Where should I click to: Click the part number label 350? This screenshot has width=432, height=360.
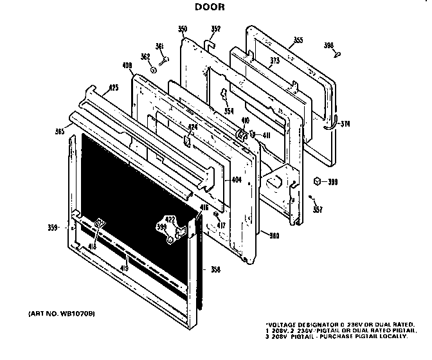pos(183,29)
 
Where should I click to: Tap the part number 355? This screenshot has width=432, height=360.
pos(298,40)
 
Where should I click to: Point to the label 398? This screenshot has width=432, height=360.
pos(328,45)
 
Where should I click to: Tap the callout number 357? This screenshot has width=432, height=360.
pos(318,209)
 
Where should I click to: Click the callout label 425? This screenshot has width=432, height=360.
pos(113,87)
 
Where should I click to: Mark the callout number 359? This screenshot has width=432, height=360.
pos(54,227)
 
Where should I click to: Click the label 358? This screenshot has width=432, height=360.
pos(215,269)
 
